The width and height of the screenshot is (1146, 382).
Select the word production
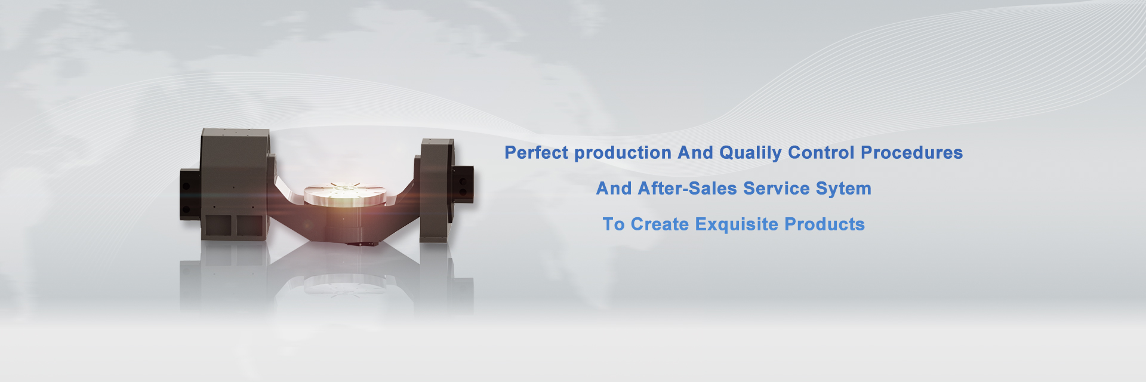pos(623,153)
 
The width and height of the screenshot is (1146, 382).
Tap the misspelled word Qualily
pos(750,153)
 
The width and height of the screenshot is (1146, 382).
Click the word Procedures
pos(911,153)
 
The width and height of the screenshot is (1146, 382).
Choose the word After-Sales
pos(688,189)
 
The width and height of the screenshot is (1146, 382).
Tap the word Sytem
pos(843,189)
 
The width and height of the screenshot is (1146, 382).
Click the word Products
pos(825,224)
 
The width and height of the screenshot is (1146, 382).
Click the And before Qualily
pos(695,153)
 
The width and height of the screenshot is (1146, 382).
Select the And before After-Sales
pos(614,189)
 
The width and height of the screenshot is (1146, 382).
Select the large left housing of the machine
pos(236,185)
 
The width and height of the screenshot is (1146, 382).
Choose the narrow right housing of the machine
pos(436,190)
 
